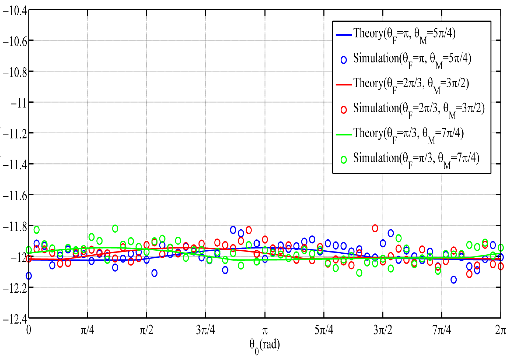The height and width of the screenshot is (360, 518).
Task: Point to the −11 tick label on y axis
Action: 17,102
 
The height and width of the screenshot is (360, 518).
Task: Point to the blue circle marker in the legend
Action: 344,59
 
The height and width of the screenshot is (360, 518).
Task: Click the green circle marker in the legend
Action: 344,159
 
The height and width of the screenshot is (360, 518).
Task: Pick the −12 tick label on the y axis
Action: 17,257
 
